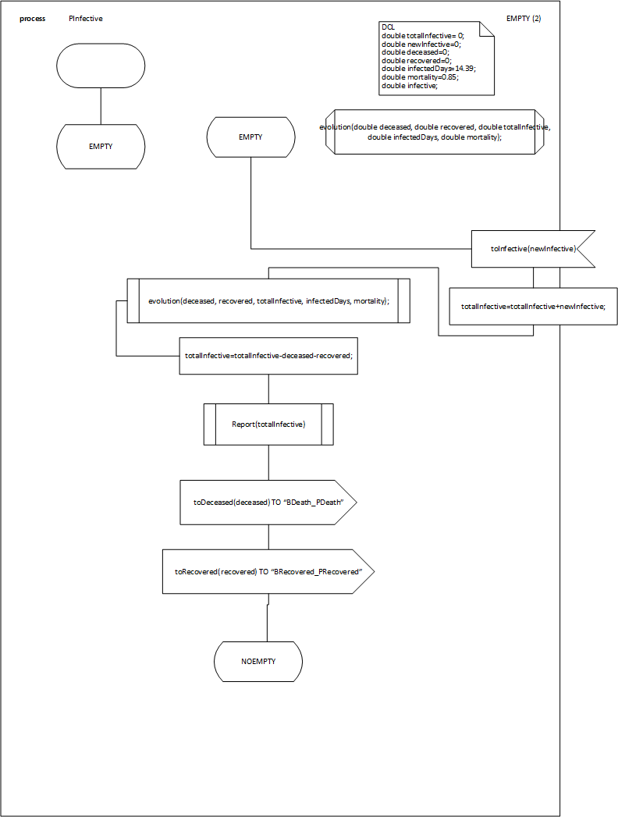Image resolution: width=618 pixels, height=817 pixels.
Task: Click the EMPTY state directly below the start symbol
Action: pos(101,145)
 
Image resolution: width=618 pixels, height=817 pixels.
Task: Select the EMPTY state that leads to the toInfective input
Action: pos(250,137)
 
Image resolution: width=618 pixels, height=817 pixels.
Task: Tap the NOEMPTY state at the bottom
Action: pos(258,662)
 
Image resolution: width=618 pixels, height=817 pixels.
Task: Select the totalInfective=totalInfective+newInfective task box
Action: pos(533,307)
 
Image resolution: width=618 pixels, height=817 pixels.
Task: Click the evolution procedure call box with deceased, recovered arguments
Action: pos(268,300)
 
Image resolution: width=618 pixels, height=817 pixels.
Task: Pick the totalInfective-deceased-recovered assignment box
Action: pos(268,355)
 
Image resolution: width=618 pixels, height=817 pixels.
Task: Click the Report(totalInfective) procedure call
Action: pos(268,424)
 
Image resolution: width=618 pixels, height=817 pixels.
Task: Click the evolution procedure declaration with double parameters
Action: pos(434,131)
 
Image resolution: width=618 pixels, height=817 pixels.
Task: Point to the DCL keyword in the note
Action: pos(388,27)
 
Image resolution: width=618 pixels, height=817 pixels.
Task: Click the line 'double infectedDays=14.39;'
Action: pos(428,68)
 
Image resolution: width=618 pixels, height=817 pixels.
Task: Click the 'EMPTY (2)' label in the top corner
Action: pos(524,18)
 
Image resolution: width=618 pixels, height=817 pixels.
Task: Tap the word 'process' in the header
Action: pos(33,19)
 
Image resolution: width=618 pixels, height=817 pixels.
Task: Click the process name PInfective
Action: pos(86,19)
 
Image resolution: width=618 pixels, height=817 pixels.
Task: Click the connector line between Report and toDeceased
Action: pos(268,463)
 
